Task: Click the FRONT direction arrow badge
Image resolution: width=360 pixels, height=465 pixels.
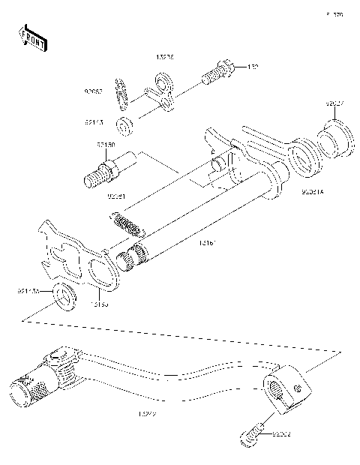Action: tap(31, 37)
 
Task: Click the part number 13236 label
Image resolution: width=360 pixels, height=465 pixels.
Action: tap(165, 56)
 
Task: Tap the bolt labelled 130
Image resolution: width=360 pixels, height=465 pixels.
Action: tap(217, 73)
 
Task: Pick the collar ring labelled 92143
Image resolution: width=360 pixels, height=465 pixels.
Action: tap(126, 121)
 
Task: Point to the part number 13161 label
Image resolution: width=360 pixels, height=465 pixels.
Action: tap(207, 243)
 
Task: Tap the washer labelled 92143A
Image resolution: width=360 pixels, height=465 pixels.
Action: tap(64, 297)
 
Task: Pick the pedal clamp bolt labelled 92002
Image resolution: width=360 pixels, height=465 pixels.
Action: tap(253, 433)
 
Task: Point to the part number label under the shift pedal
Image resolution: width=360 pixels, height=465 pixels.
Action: tap(148, 413)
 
